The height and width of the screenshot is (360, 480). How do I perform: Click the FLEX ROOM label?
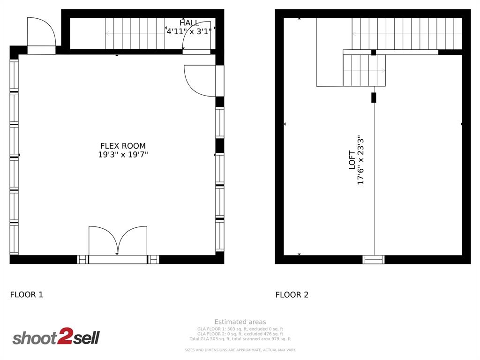coord(123,146)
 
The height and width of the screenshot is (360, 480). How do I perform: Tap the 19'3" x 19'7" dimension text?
coord(123,155)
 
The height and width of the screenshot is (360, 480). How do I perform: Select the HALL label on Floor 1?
coord(189,23)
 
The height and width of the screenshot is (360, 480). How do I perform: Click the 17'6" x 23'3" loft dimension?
coord(361,160)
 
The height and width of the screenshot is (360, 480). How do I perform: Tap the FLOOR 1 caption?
coord(26,295)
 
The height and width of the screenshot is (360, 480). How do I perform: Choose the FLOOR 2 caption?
coord(292,295)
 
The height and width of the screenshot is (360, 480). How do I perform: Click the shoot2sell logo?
coord(56,337)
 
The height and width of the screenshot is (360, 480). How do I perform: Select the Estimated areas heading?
coord(240,322)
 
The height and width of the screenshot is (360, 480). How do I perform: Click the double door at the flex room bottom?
coord(118,241)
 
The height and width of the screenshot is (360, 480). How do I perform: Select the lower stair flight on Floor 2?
coord(364,70)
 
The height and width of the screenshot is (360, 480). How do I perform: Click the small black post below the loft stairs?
coord(374,97)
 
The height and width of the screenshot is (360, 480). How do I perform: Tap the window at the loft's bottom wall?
coord(374,259)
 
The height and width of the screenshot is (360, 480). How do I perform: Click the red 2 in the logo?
coord(64,337)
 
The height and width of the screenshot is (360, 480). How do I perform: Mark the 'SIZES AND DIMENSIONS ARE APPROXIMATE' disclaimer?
coord(240,350)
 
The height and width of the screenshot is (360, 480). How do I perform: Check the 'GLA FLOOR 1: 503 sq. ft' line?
coord(240,329)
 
